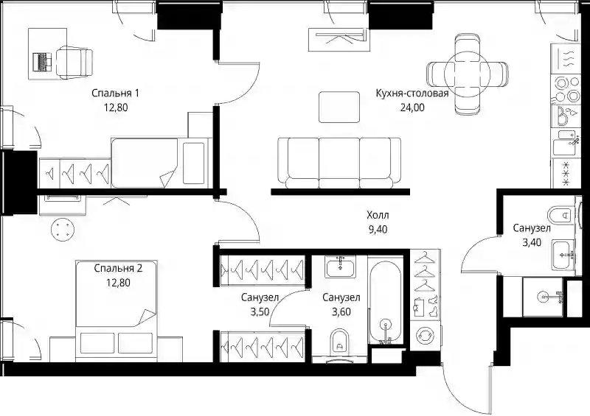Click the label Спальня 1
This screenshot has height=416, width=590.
tap(115, 93)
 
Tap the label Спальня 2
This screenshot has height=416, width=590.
tap(118, 268)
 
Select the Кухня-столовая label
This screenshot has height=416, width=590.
tap(412, 94)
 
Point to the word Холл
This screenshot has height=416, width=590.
tap(378, 215)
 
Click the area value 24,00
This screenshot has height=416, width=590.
tap(412, 107)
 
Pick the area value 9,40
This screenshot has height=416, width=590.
tap(378, 230)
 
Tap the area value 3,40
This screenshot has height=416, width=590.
tap(532, 243)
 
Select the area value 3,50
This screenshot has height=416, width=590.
tap(260, 312)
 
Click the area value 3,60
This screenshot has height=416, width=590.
tap(341, 312)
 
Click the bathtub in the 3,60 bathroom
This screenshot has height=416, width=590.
tap(385, 300)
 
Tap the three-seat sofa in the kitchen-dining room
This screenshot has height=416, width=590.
tap(339, 163)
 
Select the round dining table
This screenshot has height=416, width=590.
tap(467, 74)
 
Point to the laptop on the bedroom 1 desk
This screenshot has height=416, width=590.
tap(42, 61)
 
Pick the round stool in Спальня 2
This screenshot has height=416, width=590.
tap(63, 230)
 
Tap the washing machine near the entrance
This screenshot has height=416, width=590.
tap(425, 336)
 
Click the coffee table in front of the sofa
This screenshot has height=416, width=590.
tap(339, 107)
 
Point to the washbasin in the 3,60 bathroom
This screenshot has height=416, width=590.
tap(340, 267)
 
